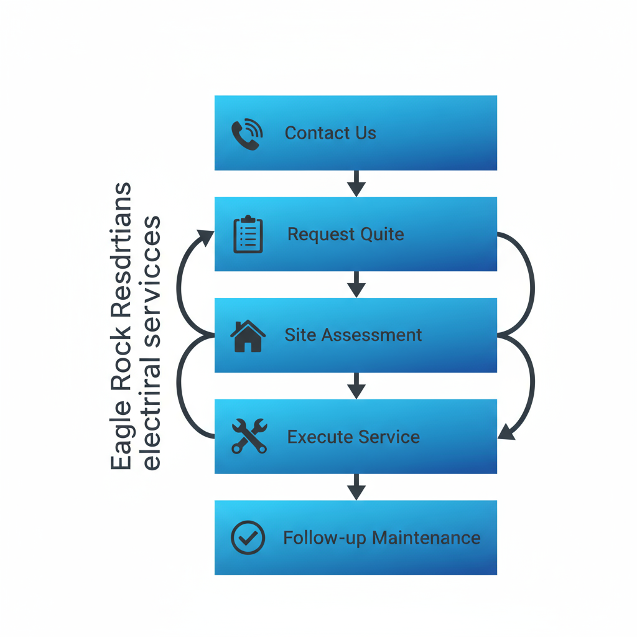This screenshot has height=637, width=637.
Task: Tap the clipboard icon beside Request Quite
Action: (248, 235)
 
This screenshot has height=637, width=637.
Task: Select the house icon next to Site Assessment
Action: (248, 336)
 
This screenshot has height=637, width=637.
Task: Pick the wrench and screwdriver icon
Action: (249, 436)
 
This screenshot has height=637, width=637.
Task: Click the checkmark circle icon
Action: (248, 537)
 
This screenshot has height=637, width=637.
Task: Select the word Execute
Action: (317, 437)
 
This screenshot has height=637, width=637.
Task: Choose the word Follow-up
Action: (325, 537)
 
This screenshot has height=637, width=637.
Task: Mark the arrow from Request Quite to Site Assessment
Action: (356, 285)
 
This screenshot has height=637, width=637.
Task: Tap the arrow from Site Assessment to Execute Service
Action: (356, 386)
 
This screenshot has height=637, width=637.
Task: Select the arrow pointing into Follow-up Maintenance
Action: (356, 487)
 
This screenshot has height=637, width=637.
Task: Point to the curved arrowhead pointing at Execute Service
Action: (507, 431)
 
